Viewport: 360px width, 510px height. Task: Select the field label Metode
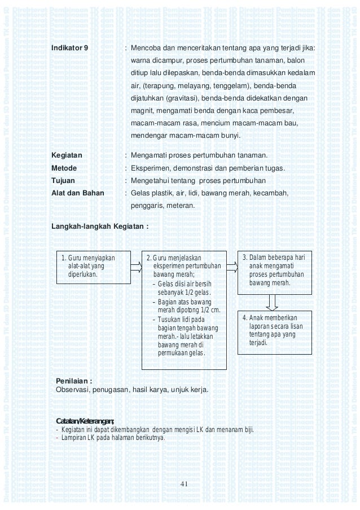64,168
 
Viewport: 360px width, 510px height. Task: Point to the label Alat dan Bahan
78,193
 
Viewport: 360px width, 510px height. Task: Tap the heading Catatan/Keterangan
85,421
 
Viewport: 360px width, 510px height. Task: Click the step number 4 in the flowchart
244,317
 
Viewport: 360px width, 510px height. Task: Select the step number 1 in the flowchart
63,259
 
